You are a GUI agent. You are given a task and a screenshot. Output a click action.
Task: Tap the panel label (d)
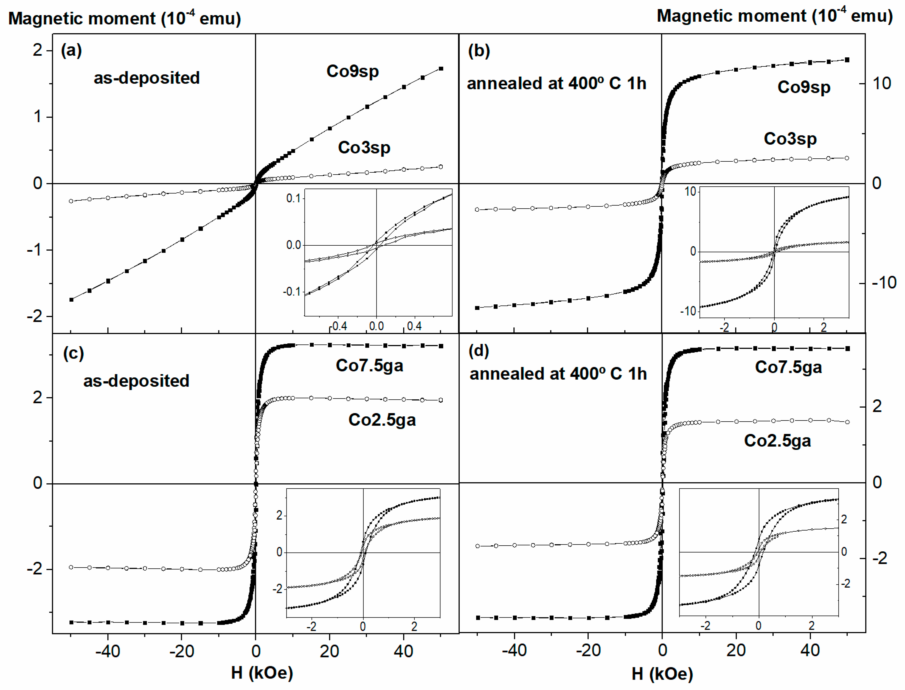(x=479, y=351)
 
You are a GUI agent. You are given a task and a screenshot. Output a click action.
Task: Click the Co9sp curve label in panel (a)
(x=352, y=71)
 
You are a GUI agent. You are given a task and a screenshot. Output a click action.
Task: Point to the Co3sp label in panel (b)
(x=790, y=139)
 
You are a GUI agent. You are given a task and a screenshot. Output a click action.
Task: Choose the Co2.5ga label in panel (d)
(x=777, y=441)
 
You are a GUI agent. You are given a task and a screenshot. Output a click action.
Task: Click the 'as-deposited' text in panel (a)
(x=147, y=78)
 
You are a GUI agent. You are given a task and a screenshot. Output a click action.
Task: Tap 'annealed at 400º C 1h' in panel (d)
(x=558, y=374)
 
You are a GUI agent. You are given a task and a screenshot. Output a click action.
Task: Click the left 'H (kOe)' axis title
(x=262, y=673)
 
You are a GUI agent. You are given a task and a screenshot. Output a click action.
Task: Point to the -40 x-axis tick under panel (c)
(x=108, y=651)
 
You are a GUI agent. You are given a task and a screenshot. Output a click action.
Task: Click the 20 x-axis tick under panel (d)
(x=735, y=650)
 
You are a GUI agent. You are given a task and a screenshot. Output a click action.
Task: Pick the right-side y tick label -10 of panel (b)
(x=884, y=283)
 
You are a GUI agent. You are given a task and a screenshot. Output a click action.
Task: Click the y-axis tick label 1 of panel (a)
(x=38, y=117)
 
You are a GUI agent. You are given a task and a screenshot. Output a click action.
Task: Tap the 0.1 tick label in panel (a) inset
(x=293, y=198)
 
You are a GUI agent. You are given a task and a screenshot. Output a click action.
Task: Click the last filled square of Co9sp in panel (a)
(x=441, y=69)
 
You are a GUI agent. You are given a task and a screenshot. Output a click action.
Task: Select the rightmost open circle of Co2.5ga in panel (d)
(x=847, y=422)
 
